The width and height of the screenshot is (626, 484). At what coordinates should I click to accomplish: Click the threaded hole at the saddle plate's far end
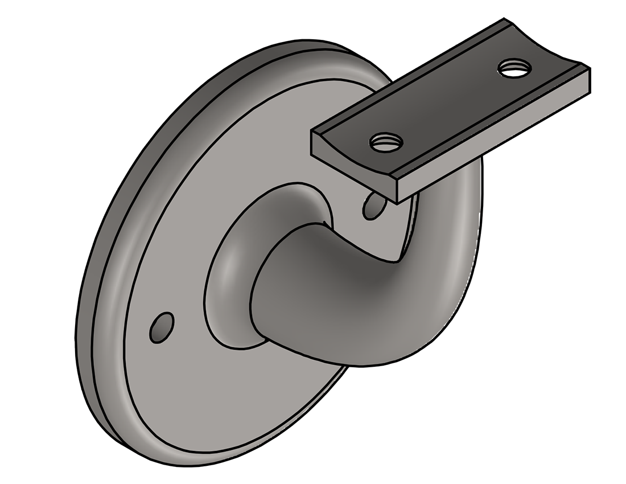pyautogui.click(x=514, y=68)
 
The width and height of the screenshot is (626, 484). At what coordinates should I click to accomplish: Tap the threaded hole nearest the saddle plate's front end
pyautogui.click(x=386, y=141)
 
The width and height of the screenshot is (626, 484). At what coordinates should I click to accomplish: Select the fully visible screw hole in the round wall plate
pyautogui.click(x=161, y=327)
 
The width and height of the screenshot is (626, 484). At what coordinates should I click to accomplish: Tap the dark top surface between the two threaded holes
pyautogui.click(x=450, y=102)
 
